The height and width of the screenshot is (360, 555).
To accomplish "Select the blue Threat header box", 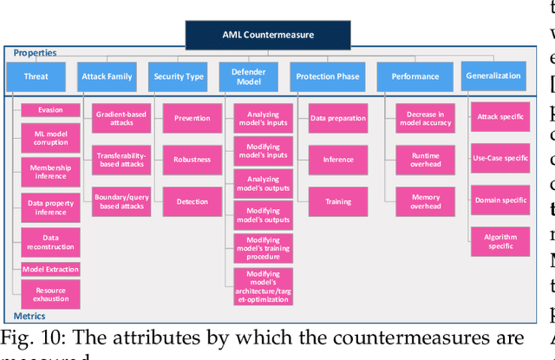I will [36, 76].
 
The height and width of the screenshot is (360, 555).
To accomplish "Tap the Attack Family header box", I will [107, 76].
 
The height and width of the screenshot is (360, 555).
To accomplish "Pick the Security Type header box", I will [179, 76].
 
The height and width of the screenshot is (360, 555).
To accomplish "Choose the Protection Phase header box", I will [327, 76].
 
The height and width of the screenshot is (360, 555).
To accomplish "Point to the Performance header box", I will [415, 76].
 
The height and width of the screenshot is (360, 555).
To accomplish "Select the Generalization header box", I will [493, 75].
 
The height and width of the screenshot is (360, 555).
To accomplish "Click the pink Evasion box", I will [50, 109].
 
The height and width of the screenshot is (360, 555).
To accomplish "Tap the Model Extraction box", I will [50, 270].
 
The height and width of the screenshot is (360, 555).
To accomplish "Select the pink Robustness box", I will [192, 160].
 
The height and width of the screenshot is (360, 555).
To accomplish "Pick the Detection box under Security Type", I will [192, 201].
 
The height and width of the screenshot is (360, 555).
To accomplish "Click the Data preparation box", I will [338, 118].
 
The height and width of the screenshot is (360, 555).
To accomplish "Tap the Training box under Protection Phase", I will [338, 201].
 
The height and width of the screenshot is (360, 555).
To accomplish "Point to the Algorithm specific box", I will [500, 240].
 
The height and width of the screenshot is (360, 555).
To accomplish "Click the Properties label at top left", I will [35, 53].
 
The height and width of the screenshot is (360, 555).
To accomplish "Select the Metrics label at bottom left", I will [30, 316].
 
